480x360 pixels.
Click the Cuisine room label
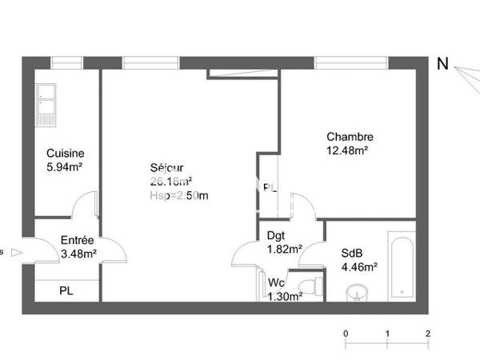coord(66,154)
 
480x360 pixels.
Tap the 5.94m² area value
coord(66,167)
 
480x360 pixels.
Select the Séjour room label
coord(166,168)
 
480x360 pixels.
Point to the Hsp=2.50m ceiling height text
coord(178,196)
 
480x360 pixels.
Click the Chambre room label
coord(350,137)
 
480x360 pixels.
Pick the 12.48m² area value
coord(347,150)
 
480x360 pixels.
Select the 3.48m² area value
coord(79,254)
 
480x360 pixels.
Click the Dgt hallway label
coord(276,236)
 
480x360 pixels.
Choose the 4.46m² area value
coord(359,268)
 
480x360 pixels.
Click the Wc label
coord(276,283)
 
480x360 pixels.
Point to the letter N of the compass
coord(442,65)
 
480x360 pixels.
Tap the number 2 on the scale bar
coord(429,333)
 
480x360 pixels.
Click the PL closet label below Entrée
coord(66,290)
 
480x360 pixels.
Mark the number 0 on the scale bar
coord(346,333)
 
